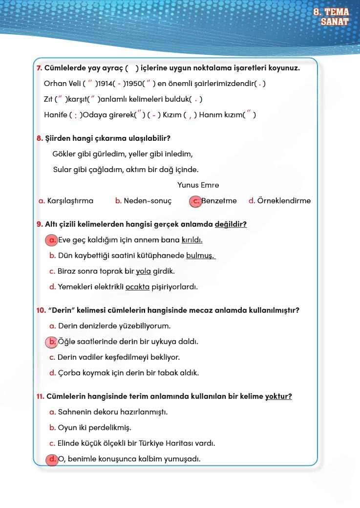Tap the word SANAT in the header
point(335,22)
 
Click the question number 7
point(39,68)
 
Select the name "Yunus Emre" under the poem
point(198,185)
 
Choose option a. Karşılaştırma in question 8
point(66,201)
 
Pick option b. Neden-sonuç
point(143,201)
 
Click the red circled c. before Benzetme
point(195,201)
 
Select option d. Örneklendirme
point(279,201)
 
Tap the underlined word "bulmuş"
point(200,256)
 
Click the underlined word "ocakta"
point(137,287)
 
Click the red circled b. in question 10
point(51,342)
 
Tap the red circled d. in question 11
point(51,459)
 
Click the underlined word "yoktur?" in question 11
point(278,397)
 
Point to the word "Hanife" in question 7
point(55,115)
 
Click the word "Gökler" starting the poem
point(64,154)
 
